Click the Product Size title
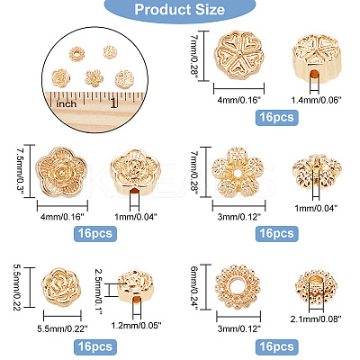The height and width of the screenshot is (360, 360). (180, 10)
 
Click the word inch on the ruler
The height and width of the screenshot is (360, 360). (67, 104)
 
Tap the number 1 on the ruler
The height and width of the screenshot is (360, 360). (113, 103)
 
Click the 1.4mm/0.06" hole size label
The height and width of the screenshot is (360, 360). (317, 100)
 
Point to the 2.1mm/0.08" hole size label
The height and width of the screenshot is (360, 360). (316, 319)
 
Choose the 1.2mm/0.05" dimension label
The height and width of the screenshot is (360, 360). (137, 325)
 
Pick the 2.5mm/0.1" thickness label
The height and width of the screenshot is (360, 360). (99, 292)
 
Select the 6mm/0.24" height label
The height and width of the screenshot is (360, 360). (195, 287)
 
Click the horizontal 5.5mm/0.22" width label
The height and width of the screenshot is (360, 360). (62, 329)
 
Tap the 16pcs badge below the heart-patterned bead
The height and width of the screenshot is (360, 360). (276, 118)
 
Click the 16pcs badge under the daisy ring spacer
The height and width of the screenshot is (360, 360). (276, 347)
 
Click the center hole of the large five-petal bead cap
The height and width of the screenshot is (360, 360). (238, 173)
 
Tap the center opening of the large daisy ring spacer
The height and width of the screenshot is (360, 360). (238, 287)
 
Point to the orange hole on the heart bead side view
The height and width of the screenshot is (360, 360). (314, 75)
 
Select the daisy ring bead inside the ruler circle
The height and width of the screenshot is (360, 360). (77, 54)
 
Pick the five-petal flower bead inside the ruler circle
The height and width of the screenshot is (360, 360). (94, 78)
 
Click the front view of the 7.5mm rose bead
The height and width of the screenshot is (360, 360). (61, 172)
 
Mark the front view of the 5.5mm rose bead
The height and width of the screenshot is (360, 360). (62, 288)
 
